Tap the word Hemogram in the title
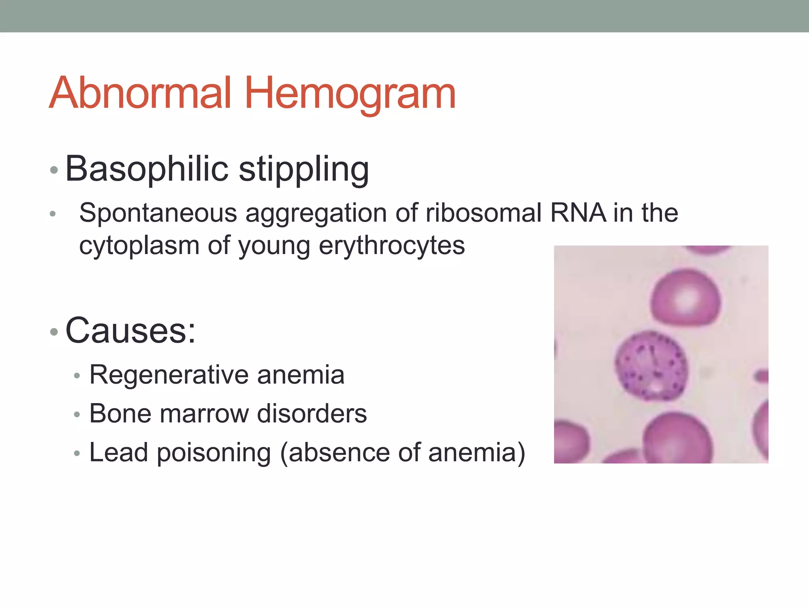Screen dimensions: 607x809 click(x=350, y=94)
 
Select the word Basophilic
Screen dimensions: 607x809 click(x=147, y=169)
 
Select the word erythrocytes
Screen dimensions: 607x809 click(x=391, y=246)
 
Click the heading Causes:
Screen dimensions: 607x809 click(x=130, y=331)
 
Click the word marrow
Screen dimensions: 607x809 click(x=204, y=414)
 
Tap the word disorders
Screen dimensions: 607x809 click(x=312, y=414)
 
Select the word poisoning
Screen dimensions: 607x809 click(x=214, y=453)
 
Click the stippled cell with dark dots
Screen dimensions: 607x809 click(x=651, y=366)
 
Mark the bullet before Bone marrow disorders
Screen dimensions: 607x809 click(x=77, y=415)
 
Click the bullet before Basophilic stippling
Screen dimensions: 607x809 click(x=54, y=171)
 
